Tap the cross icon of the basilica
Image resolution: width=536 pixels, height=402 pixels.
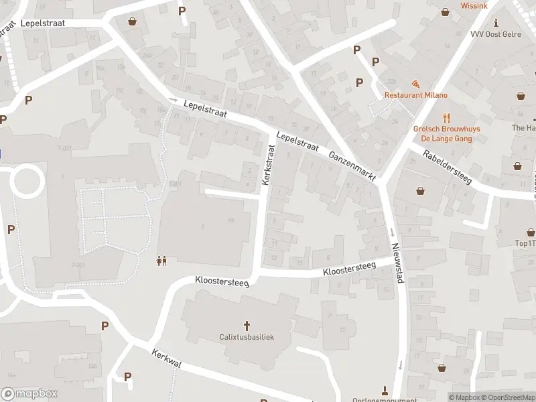tap(247, 326)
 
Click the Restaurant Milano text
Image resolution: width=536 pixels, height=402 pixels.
tap(415, 95)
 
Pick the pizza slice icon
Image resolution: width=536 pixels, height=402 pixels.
tap(416, 84)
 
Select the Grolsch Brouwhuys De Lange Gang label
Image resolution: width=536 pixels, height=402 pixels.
tap(442, 134)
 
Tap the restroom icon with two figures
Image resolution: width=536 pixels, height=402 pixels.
tap(161, 261)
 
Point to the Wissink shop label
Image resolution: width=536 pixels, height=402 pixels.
tap(474, 5)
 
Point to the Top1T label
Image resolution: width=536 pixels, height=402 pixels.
tap(524, 243)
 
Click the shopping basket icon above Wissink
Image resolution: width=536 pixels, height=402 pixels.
tap(446, 11)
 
